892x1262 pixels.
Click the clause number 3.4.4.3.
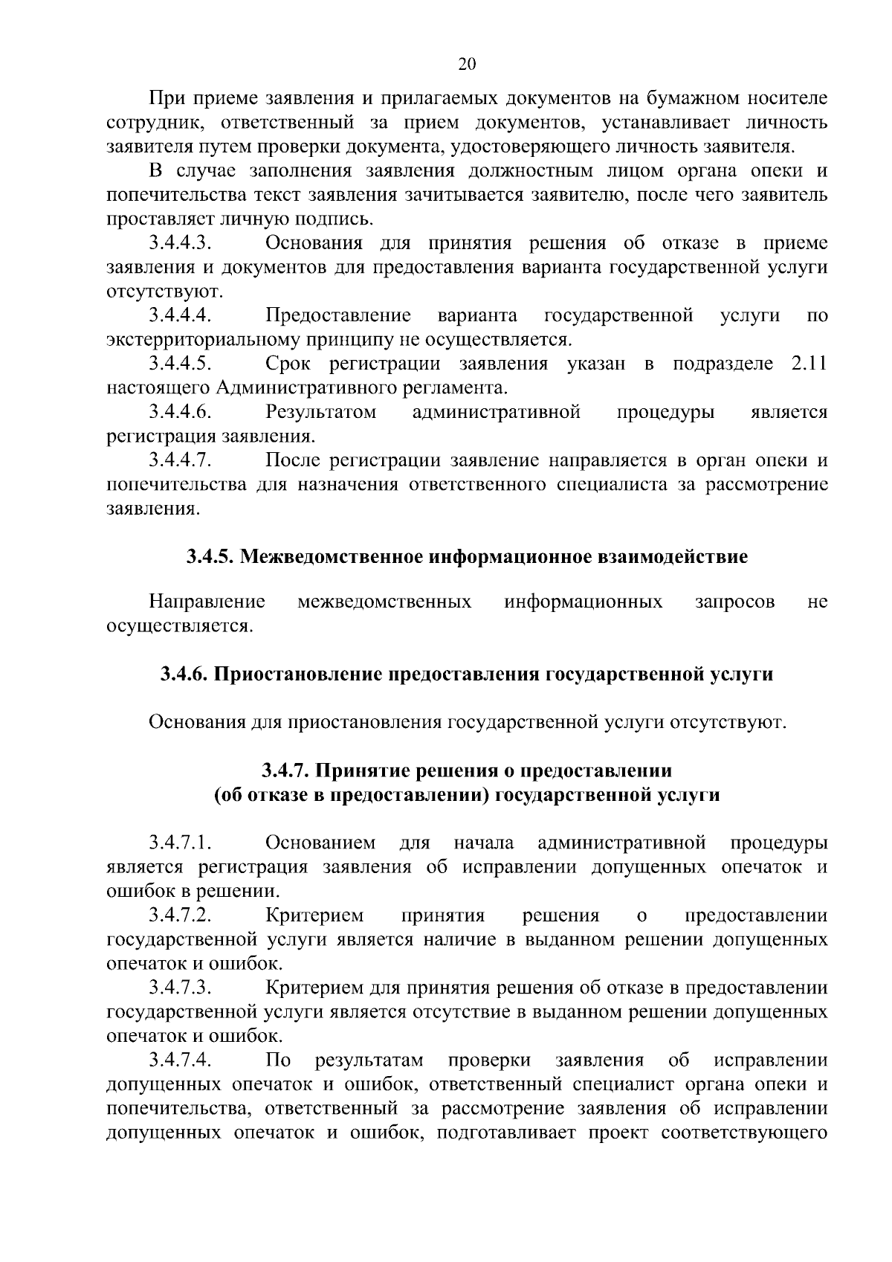click(x=181, y=243)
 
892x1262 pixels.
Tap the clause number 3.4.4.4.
click(x=181, y=315)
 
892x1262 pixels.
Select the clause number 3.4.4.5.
click(x=181, y=364)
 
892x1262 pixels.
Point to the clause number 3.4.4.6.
click(x=181, y=411)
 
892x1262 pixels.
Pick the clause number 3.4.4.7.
click(x=181, y=460)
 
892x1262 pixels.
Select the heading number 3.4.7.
click(x=288, y=770)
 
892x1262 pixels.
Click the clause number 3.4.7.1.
click(x=181, y=843)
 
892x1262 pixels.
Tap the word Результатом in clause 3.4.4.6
click(x=320, y=411)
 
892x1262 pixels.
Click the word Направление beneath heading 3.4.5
click(x=207, y=601)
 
